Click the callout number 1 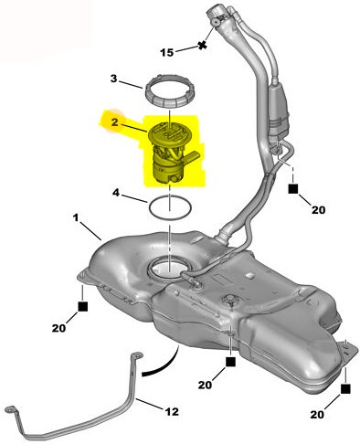(76, 217)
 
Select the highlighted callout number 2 (114, 122)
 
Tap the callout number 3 (113, 79)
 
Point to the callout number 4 (116, 193)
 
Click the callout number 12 (172, 412)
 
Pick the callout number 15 (167, 52)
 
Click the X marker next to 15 (202, 46)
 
